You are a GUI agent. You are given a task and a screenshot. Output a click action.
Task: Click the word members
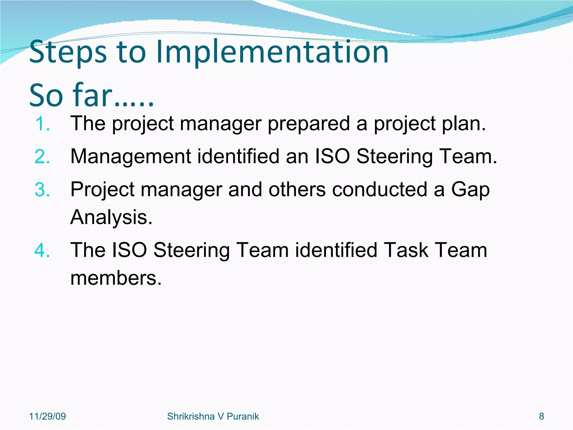(116, 278)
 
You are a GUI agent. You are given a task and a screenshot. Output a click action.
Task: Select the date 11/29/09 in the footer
(48, 416)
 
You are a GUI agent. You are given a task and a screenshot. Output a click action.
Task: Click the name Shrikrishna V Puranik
(213, 416)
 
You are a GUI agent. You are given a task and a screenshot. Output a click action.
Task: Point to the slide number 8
(541, 416)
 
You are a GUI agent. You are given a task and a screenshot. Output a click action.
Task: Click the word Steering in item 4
(191, 251)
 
